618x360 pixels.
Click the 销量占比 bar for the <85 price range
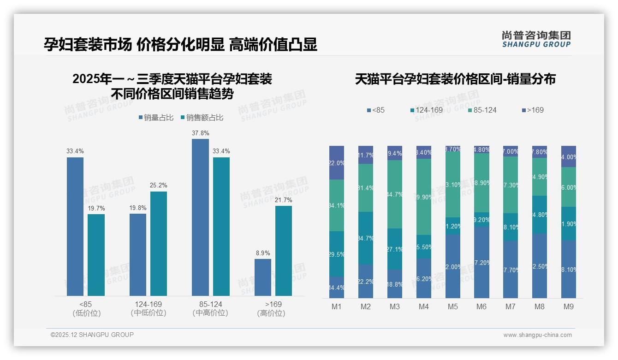coord(75,226)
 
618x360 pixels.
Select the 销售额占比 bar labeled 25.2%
coord(159,243)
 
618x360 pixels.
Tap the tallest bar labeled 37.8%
coord(200,217)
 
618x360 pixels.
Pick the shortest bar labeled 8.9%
coord(263,277)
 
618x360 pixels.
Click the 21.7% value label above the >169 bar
coord(284,200)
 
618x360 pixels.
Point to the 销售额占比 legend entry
coord(202,118)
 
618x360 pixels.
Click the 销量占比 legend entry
coord(156,118)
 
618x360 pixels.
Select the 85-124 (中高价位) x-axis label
coord(210,309)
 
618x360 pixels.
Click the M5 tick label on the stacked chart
coord(452,307)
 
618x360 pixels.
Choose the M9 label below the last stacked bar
coord(568,307)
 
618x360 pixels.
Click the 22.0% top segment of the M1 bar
coord(337,162)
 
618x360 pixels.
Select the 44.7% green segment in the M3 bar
coord(394,194)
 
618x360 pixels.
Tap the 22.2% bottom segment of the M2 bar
coord(366,281)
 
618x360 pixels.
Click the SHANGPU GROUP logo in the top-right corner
coord(536,39)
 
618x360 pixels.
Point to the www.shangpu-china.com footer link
coord(537,335)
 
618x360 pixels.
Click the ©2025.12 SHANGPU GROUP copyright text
coord(92,335)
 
